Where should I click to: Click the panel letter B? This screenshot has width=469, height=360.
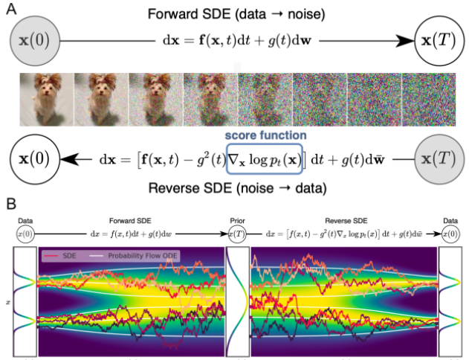pos(10,202)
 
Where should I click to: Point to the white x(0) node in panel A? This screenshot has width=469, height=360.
pos(34,159)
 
